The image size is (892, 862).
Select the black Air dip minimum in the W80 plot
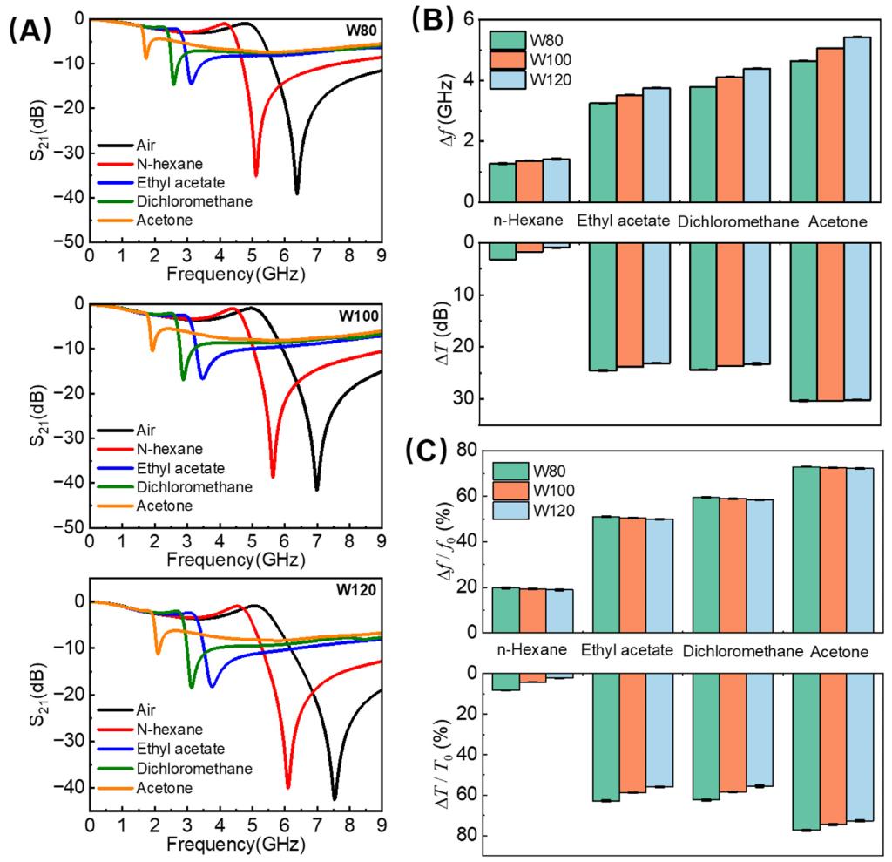pos(297,193)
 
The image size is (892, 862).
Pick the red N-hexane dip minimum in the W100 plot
pos(273,476)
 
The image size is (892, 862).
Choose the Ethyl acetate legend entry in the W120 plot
pos(181,749)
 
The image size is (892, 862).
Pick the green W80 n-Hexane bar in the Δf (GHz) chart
pos(502,182)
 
